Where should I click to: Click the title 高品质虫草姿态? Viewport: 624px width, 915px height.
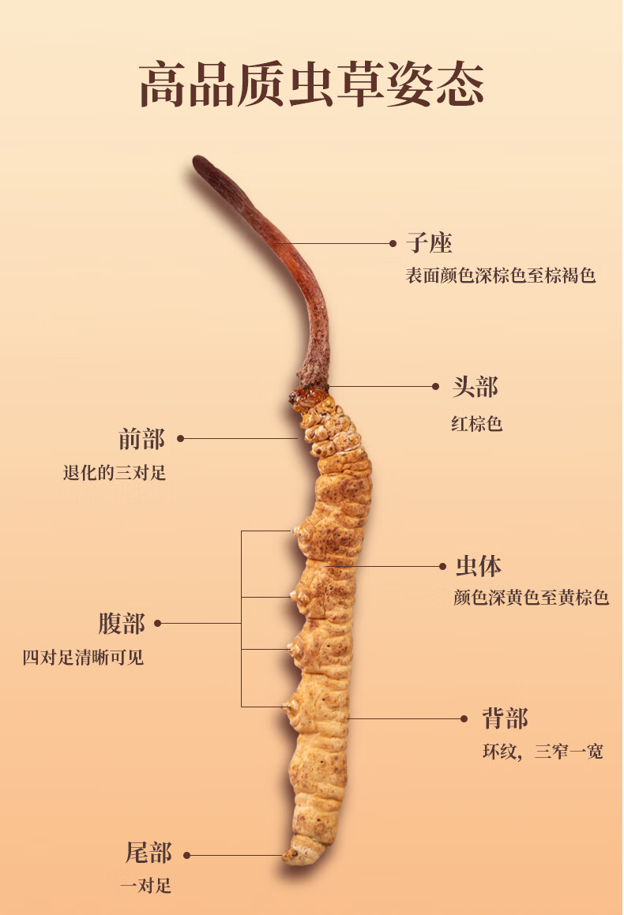[x=311, y=85]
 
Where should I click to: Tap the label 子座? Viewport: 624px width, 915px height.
[x=429, y=243]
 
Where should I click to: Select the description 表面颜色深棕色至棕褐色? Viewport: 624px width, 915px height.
[x=500, y=276]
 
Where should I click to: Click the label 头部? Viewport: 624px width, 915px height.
[x=475, y=387]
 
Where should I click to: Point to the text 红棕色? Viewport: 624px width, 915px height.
[x=476, y=424]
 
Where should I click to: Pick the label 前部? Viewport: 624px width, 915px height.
[x=141, y=438]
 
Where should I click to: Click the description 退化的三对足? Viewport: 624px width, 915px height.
[x=115, y=474]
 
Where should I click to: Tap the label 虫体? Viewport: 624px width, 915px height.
[x=479, y=566]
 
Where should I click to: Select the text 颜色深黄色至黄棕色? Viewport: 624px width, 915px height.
[x=531, y=598]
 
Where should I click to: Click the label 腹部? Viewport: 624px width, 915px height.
[x=122, y=624]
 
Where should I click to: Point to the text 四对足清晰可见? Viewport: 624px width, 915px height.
[x=83, y=657]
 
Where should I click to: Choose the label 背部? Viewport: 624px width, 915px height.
[x=504, y=718]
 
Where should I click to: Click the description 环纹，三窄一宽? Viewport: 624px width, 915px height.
[x=543, y=752]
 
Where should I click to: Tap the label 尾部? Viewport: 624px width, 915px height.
[x=148, y=853]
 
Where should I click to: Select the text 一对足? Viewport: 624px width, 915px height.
[x=145, y=886]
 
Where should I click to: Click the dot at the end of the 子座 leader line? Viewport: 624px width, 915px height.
[x=393, y=244]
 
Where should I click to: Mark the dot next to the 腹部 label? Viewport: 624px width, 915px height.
[x=158, y=624]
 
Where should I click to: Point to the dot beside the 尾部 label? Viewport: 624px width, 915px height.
[x=188, y=855]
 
